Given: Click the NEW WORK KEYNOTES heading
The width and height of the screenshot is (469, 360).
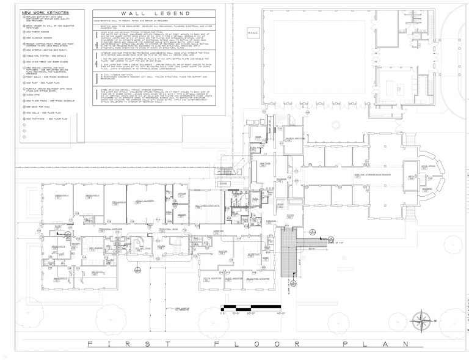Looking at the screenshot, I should click(44, 12).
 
